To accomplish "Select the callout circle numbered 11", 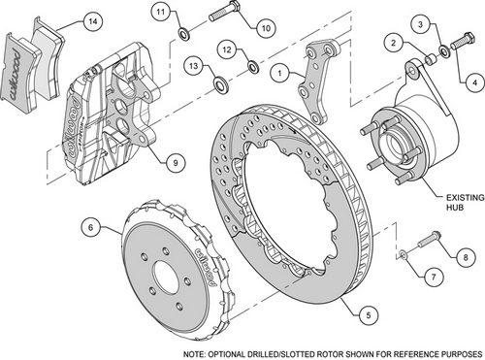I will coord(162,12).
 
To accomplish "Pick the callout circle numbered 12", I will coord(225,49).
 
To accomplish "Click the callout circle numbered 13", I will coord(193,66).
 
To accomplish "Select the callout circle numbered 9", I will coord(176,162).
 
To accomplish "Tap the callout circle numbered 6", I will coord(90,228).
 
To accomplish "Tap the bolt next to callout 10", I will coord(218,16).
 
